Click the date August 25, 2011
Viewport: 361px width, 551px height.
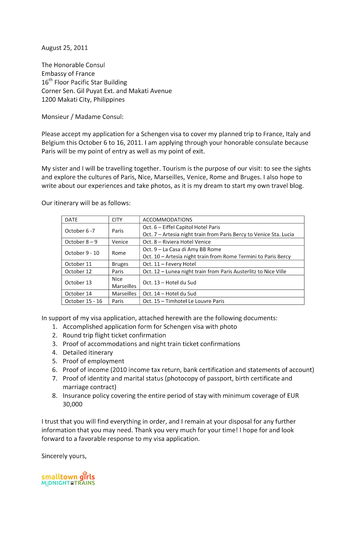tap(65, 48)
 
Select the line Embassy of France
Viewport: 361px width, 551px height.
tap(68, 74)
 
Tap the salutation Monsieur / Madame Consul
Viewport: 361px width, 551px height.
tap(82, 117)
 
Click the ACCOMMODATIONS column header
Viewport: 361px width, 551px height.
tap(167, 220)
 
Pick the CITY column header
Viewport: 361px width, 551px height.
tap(117, 220)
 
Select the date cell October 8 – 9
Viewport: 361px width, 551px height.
tap(81, 242)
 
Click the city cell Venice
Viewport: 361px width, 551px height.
tap(120, 242)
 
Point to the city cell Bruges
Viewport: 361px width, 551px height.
tap(120, 264)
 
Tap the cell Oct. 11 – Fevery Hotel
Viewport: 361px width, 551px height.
tap(169, 264)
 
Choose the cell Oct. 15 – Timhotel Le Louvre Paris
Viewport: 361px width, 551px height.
tap(183, 301)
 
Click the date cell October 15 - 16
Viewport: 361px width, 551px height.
tap(84, 301)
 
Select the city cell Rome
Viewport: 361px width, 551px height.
tap(119, 253)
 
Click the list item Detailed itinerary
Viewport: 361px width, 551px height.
tap(88, 352)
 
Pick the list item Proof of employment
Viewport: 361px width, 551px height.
tap(93, 361)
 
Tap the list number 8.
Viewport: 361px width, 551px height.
tap(55, 395)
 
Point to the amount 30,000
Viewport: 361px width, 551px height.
tap(73, 404)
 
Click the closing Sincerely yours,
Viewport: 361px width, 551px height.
tap(64, 456)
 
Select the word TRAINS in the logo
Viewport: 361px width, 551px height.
tap(85, 483)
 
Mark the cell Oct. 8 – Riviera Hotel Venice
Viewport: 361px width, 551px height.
tap(177, 242)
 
